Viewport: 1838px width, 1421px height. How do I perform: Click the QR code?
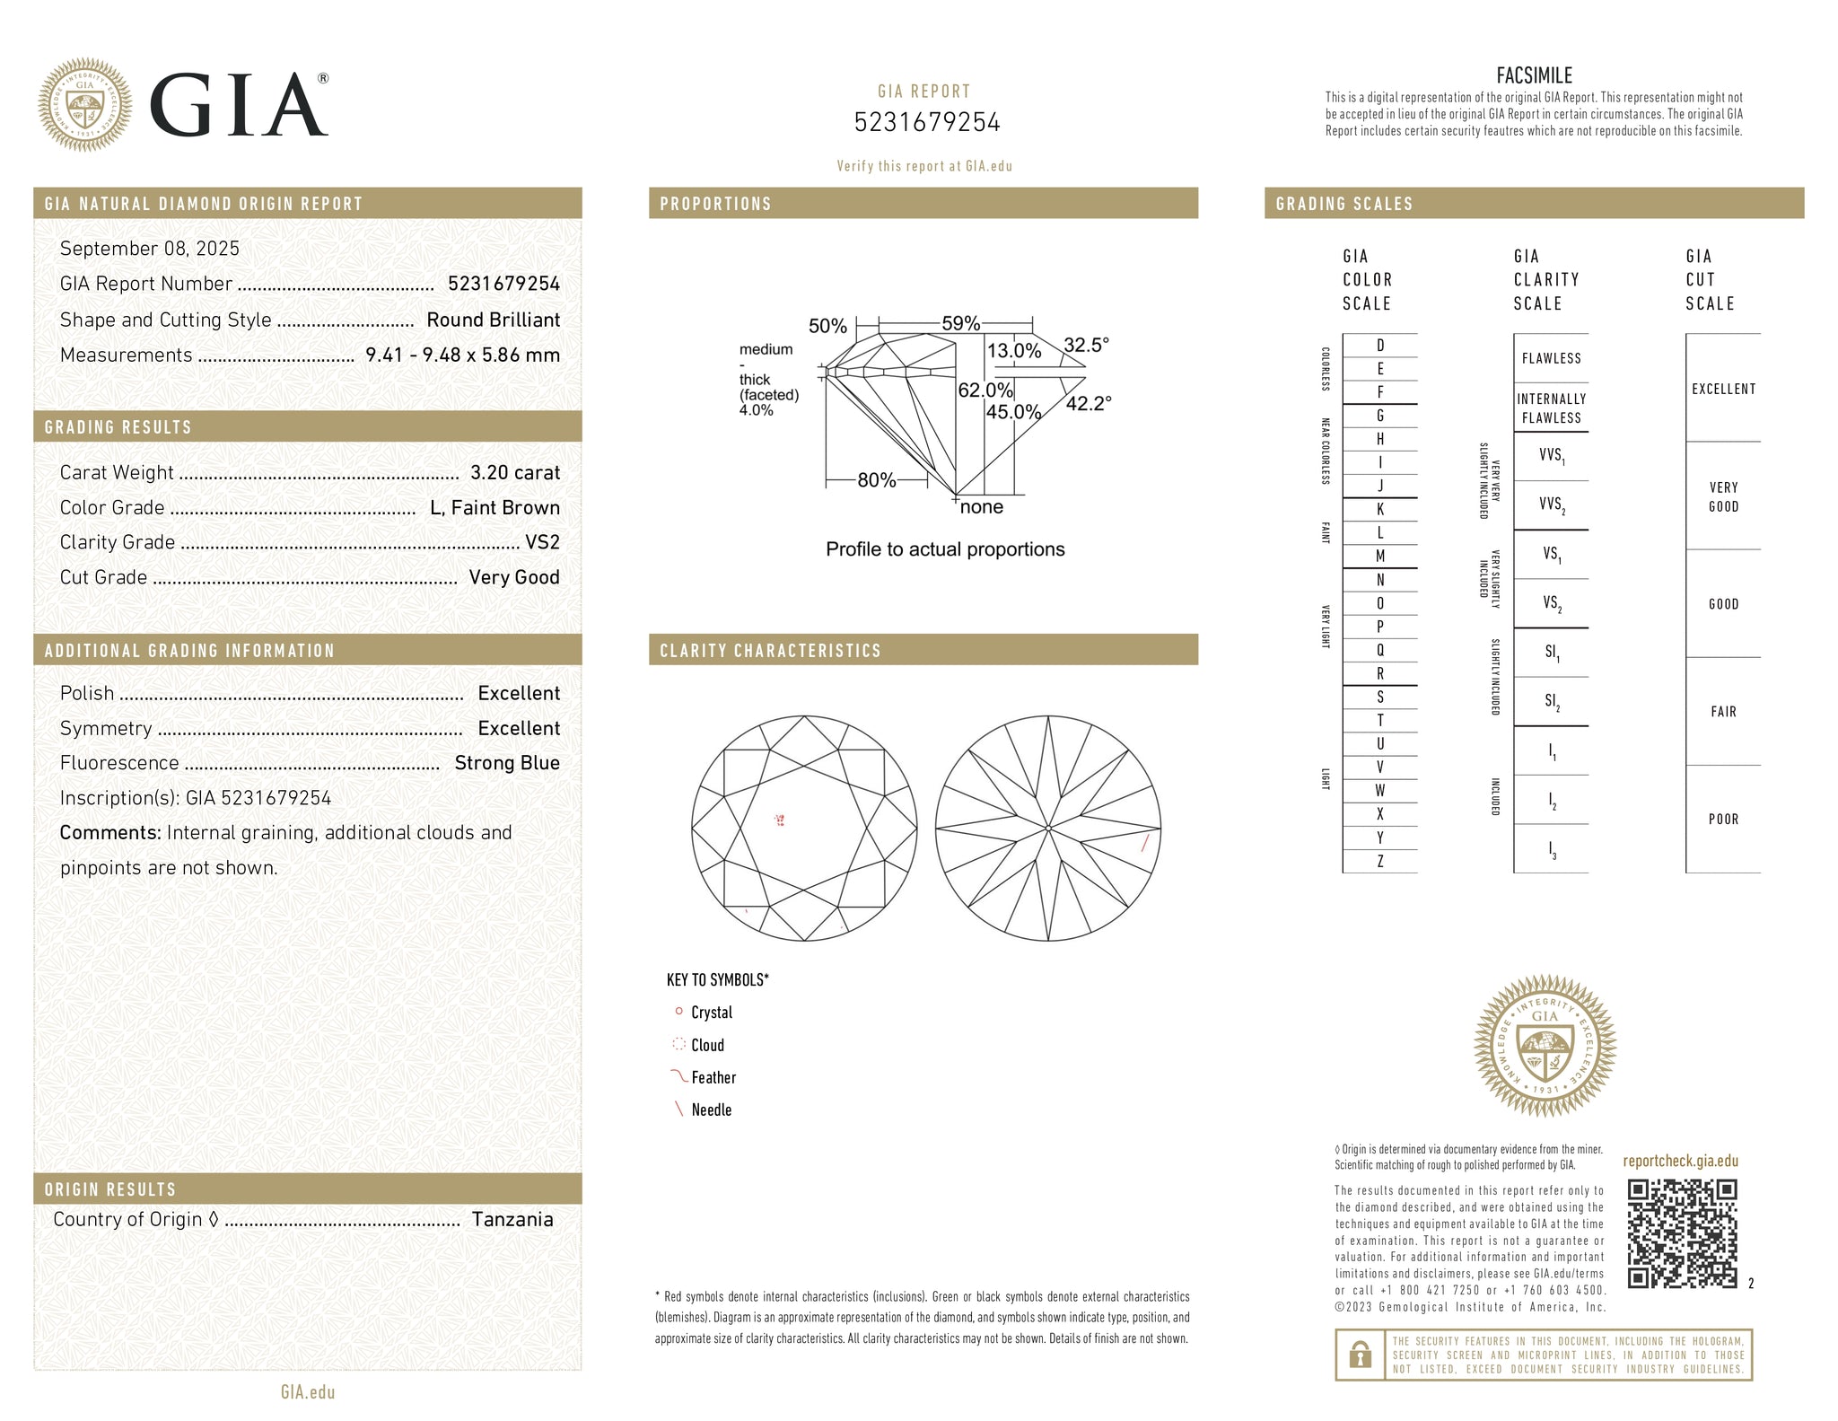1682,1233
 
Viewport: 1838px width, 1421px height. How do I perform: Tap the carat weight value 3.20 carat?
515,472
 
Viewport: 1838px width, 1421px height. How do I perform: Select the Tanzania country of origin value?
512,1219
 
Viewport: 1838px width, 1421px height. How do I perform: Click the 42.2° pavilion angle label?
1089,404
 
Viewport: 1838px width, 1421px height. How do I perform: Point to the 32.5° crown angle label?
1086,345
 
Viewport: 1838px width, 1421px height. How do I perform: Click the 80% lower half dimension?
877,480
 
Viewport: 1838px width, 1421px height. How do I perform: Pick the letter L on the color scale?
1380,532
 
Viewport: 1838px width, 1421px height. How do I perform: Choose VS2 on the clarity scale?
1552,603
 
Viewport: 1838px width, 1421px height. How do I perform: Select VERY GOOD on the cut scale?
1723,496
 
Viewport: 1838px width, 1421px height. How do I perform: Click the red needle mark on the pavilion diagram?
1144,842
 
